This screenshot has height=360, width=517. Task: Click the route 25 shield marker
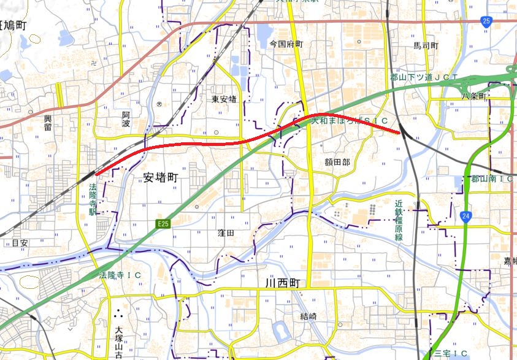487,22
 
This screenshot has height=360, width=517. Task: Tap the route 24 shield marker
466,216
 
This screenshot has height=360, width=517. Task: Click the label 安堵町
160,177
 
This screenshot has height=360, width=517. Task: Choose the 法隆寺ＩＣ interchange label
121,275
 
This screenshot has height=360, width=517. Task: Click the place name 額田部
337,162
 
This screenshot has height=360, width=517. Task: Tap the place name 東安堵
224,99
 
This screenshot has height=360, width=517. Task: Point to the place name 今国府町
287,44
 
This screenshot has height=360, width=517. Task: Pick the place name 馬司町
426,46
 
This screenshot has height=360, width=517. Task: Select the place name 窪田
226,233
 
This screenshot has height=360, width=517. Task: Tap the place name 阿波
126,115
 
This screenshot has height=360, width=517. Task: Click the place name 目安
20,243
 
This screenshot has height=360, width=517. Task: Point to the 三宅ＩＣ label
451,353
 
